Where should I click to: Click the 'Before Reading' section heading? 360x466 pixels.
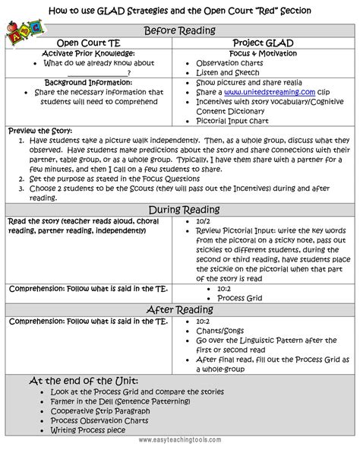click(x=180, y=30)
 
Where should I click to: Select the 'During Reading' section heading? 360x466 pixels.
click(x=180, y=209)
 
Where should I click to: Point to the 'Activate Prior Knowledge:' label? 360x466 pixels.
click(x=89, y=54)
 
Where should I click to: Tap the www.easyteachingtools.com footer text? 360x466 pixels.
click(x=180, y=459)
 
